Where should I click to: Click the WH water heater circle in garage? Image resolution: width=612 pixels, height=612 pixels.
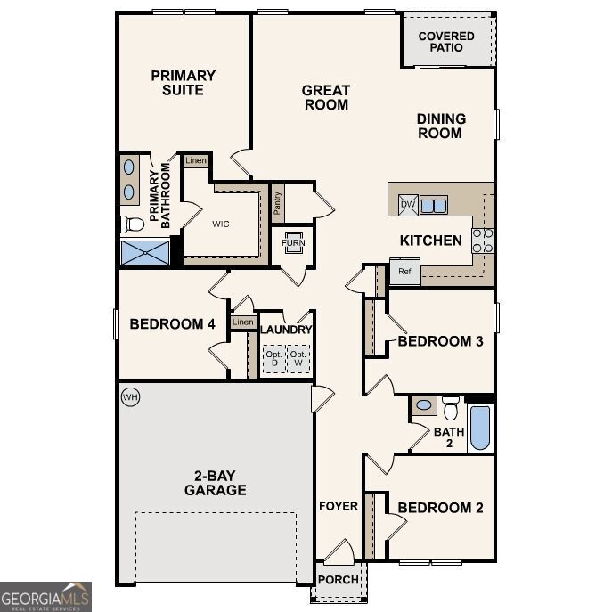[130, 396]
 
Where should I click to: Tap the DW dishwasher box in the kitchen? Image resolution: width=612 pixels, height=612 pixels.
[407, 205]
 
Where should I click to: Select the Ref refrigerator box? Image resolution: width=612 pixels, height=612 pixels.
[404, 271]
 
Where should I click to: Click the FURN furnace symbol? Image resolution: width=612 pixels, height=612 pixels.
[292, 243]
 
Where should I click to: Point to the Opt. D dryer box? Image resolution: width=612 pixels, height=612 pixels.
[273, 359]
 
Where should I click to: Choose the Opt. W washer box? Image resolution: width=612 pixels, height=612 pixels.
[299, 359]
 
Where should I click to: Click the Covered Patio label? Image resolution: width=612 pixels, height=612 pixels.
[447, 41]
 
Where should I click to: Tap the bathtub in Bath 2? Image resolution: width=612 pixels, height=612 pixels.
[479, 428]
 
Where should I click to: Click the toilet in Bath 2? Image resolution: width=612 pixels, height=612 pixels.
[450, 409]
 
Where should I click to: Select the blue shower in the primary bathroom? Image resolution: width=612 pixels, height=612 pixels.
[145, 251]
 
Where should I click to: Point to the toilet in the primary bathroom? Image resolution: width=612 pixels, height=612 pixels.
[132, 223]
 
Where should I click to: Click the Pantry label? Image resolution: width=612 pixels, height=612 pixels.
[278, 204]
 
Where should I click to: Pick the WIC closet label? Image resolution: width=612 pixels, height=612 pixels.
[220, 224]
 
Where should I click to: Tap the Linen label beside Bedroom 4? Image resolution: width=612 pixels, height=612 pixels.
[241, 322]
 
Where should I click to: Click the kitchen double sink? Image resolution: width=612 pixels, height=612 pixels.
[434, 206]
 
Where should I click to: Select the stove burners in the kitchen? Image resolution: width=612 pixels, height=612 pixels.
[483, 240]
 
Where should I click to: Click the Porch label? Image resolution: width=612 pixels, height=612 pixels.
[339, 579]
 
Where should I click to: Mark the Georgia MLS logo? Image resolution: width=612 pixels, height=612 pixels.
[45, 597]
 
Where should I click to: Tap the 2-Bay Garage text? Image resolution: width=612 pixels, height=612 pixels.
[215, 483]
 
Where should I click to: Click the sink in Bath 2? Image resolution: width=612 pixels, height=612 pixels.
[424, 405]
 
